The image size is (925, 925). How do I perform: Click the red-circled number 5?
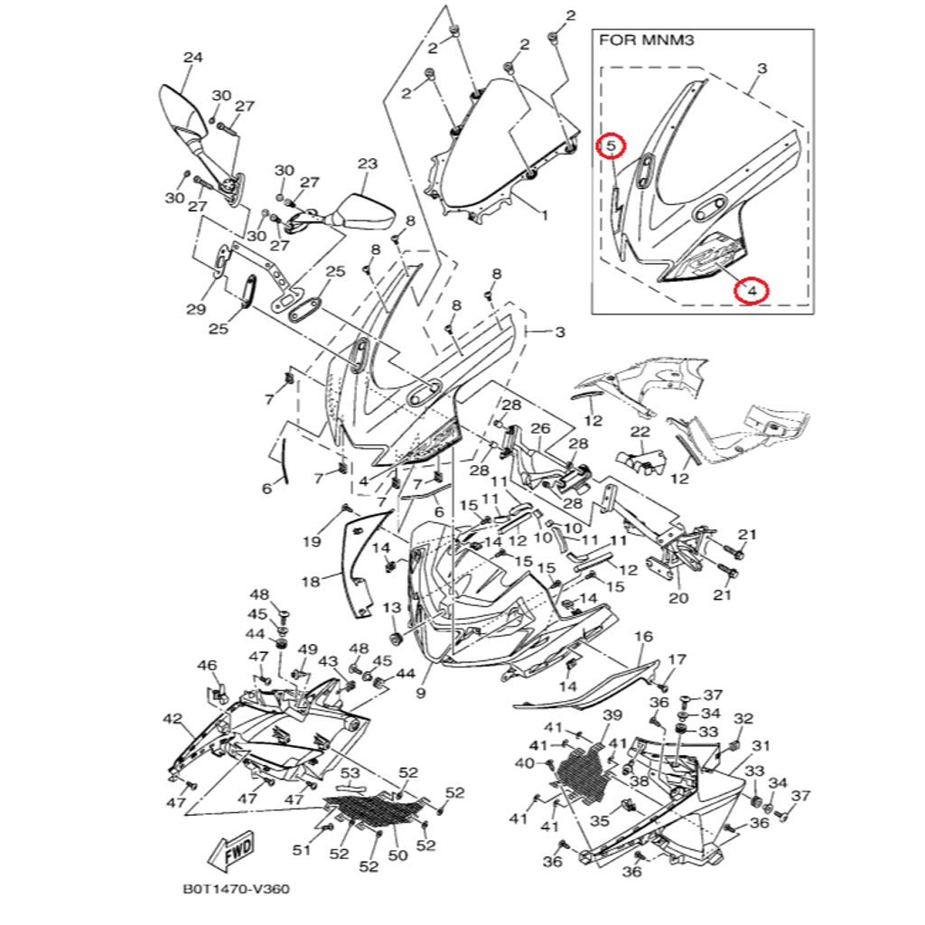coord(611,145)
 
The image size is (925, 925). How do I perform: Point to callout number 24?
coord(192,58)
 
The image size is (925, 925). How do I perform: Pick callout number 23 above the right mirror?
coord(367,164)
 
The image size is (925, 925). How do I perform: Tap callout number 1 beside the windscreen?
coord(544,216)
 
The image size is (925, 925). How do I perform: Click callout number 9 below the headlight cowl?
coord(420,694)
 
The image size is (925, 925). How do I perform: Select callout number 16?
coord(643,637)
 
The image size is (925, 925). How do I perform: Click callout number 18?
coord(310,583)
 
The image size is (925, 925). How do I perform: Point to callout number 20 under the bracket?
coord(678,597)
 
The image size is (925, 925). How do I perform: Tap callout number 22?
coord(640,432)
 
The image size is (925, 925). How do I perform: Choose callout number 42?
coord(173,718)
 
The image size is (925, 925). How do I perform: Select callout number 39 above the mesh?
coord(612,715)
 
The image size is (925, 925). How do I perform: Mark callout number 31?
coord(761,745)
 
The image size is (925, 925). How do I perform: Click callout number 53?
coord(350,773)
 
